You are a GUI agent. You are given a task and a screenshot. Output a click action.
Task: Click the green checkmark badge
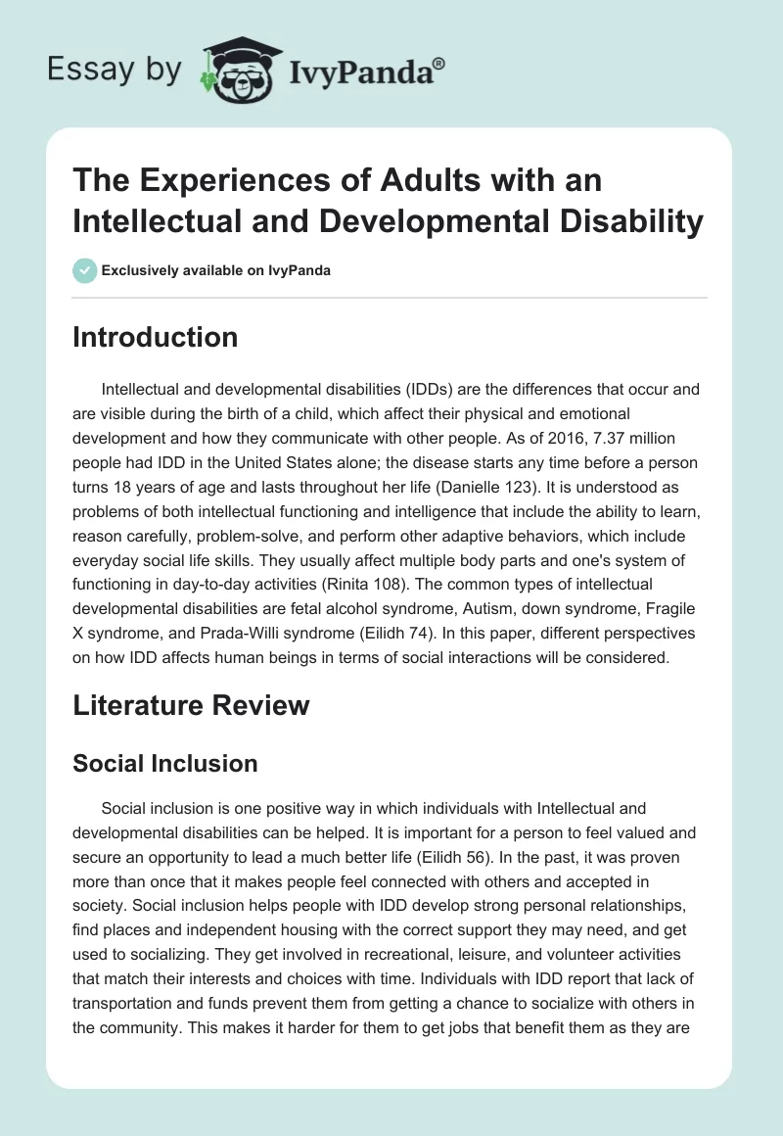(85, 270)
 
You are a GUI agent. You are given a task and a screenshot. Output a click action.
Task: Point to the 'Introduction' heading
(155, 337)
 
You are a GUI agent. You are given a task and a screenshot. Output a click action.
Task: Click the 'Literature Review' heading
(191, 705)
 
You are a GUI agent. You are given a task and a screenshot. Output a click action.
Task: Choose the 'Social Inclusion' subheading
(164, 764)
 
